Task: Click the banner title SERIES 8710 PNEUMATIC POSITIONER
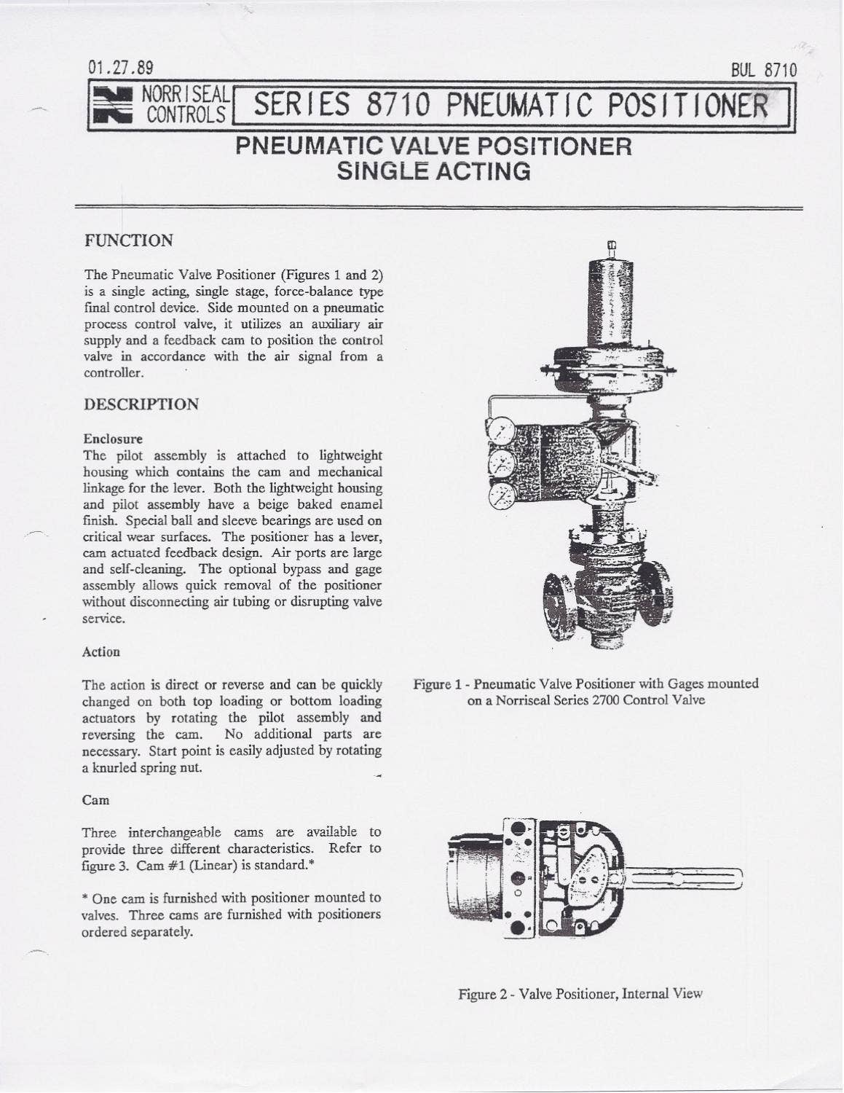click(509, 107)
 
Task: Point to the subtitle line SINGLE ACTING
click(433, 171)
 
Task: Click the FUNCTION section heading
click(129, 240)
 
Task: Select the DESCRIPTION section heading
click(141, 404)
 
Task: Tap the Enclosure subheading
click(113, 439)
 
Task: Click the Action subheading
click(101, 651)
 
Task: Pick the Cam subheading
click(95, 800)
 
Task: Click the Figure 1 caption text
click(585, 692)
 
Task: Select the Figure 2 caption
click(580, 994)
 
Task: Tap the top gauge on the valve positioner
click(501, 427)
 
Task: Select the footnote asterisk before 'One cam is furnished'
click(85, 898)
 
